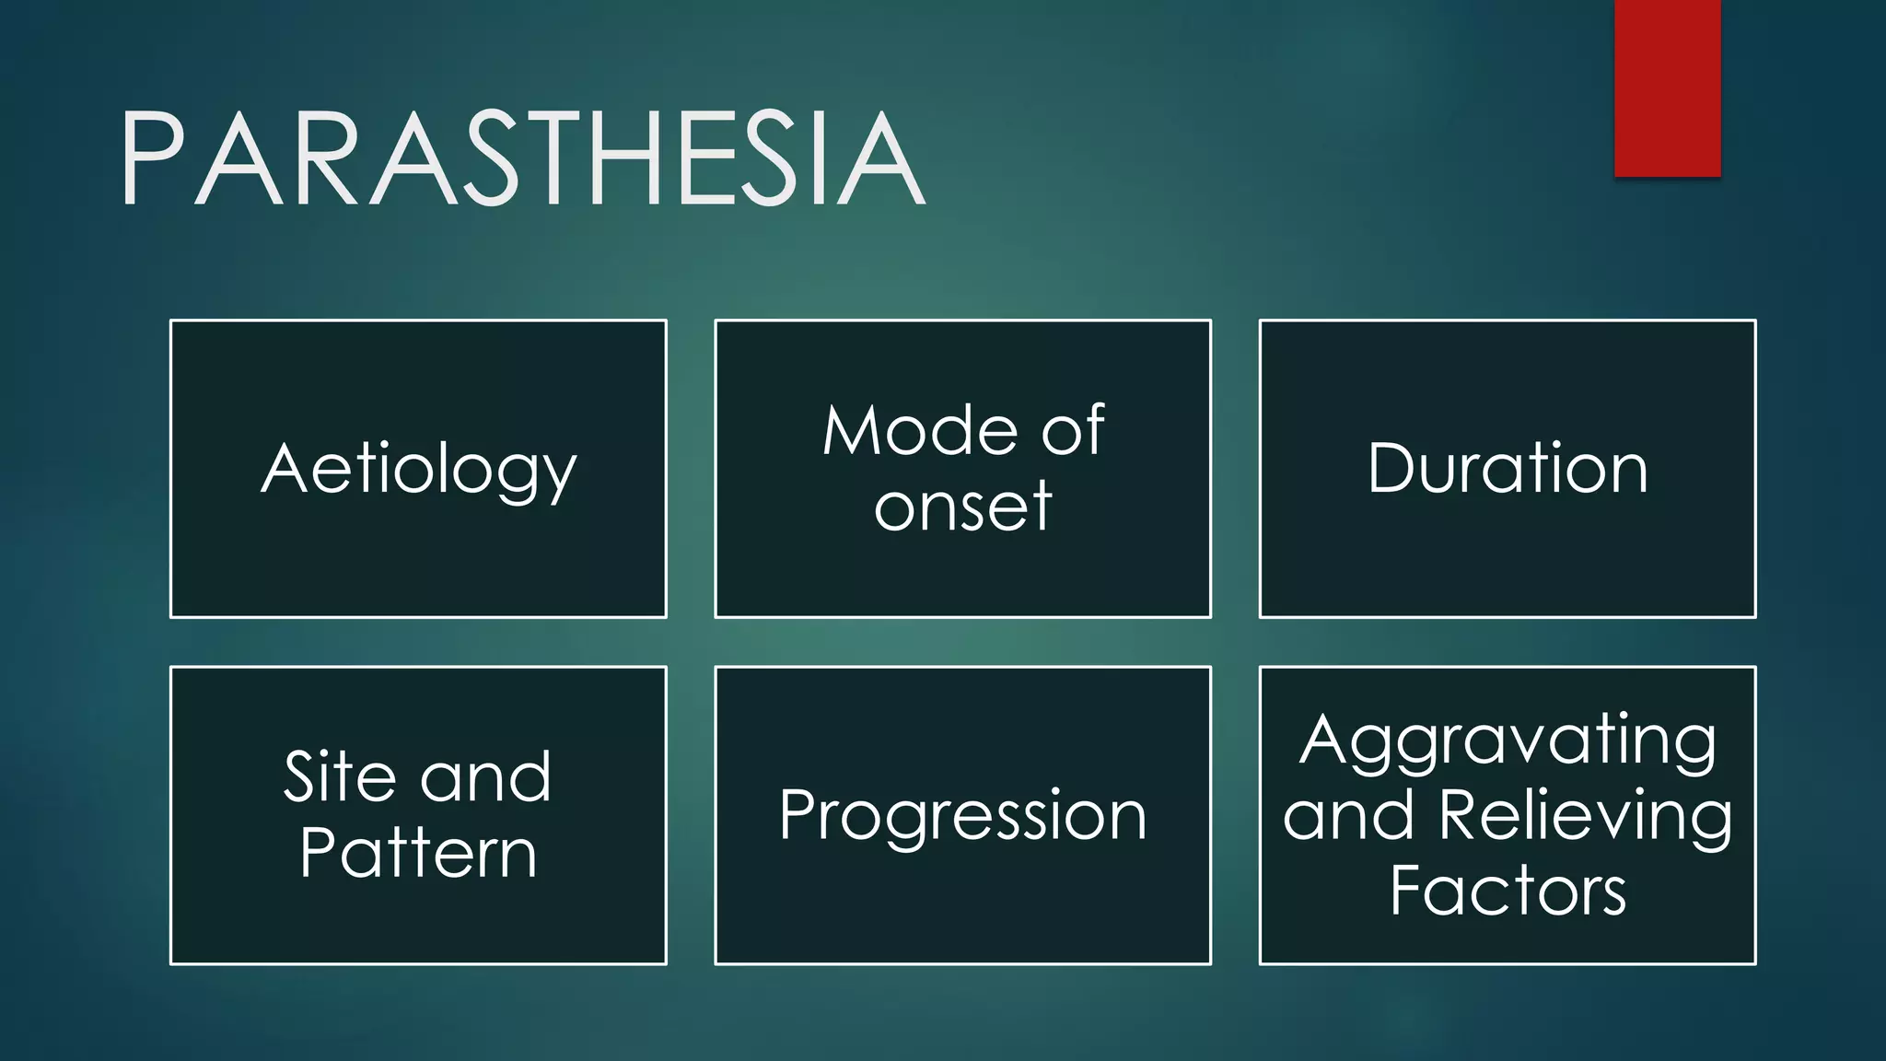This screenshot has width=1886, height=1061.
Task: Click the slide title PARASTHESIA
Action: coord(521,158)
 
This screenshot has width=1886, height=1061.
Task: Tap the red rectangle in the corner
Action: coord(1667,87)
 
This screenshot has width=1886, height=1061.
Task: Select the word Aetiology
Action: coord(418,470)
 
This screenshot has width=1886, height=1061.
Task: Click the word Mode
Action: coord(920,431)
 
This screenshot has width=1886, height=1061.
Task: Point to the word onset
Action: coord(962,507)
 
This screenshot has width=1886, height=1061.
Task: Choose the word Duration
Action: coord(1507,469)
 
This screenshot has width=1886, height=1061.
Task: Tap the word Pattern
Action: coord(418,853)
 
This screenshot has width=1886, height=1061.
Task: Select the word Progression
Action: coord(962,816)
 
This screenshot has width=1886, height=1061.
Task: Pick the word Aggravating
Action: coord(1508,741)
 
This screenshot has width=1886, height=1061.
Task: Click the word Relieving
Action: coord(1584,815)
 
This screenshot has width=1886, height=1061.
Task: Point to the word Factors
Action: coord(1508,891)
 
